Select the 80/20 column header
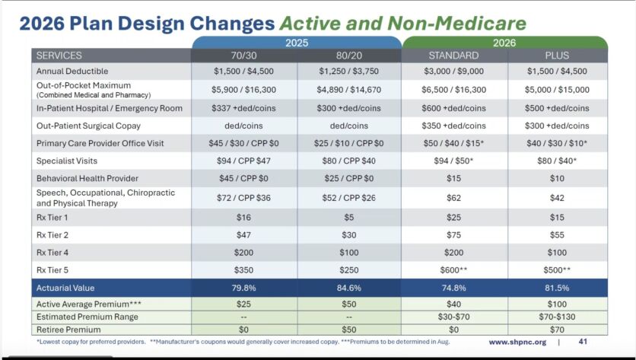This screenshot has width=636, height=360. [349, 56]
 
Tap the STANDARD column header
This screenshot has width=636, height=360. [454, 56]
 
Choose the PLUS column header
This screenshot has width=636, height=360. [558, 56]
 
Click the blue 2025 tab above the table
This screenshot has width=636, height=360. [296, 43]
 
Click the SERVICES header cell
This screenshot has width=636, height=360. [59, 56]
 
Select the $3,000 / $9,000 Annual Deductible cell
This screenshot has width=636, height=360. [454, 71]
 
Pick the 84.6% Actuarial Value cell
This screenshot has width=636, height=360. [349, 288]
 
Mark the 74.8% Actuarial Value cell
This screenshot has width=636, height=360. [454, 288]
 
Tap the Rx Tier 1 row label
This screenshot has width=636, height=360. [57, 217]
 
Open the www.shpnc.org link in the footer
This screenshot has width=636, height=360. [517, 342]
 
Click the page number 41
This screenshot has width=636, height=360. [583, 342]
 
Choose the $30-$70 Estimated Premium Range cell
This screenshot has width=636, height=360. [454, 317]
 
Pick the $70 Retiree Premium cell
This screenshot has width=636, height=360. [558, 329]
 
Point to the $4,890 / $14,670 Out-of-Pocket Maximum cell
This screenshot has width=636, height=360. [349, 90]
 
